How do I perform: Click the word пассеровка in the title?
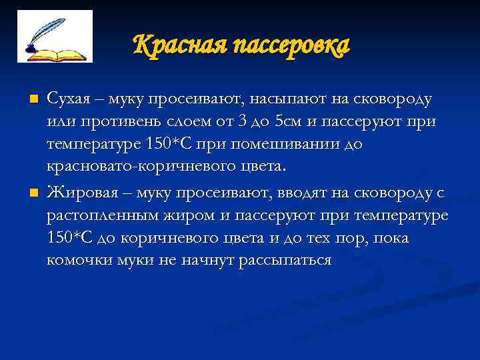point(287,46)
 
